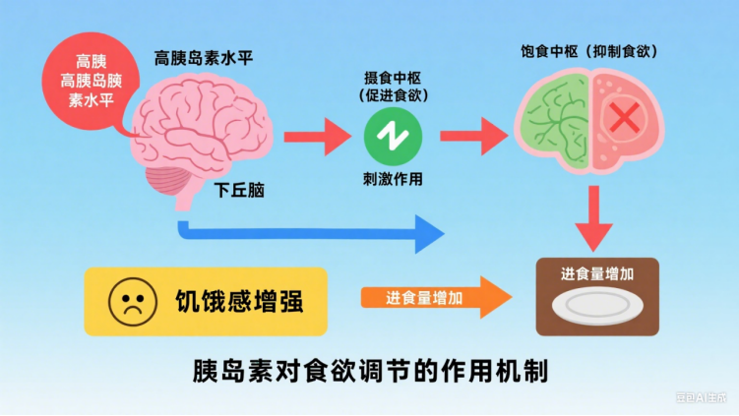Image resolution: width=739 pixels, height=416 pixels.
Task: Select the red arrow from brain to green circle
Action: click(316, 135)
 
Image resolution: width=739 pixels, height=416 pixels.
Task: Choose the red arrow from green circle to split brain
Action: click(471, 135)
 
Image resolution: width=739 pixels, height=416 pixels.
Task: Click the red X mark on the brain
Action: click(623, 120)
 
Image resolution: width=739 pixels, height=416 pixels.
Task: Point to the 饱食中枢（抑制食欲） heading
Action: click(588, 51)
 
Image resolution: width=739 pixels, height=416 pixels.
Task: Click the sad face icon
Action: click(127, 301)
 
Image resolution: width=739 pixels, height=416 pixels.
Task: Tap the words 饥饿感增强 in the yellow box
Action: click(239, 301)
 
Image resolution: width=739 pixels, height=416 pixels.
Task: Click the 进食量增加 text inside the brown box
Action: click(596, 275)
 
